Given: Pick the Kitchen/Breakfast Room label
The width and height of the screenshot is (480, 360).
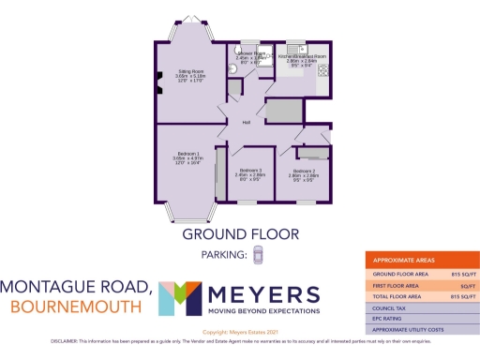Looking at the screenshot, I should click(302, 56).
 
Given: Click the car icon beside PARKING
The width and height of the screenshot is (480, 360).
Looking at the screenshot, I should click(258, 254).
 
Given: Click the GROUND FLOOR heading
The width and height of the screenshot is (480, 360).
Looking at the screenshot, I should click(240, 233).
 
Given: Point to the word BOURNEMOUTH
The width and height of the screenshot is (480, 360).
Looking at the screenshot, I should click(70, 307).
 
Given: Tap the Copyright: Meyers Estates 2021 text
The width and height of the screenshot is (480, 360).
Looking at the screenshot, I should click(240, 332).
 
